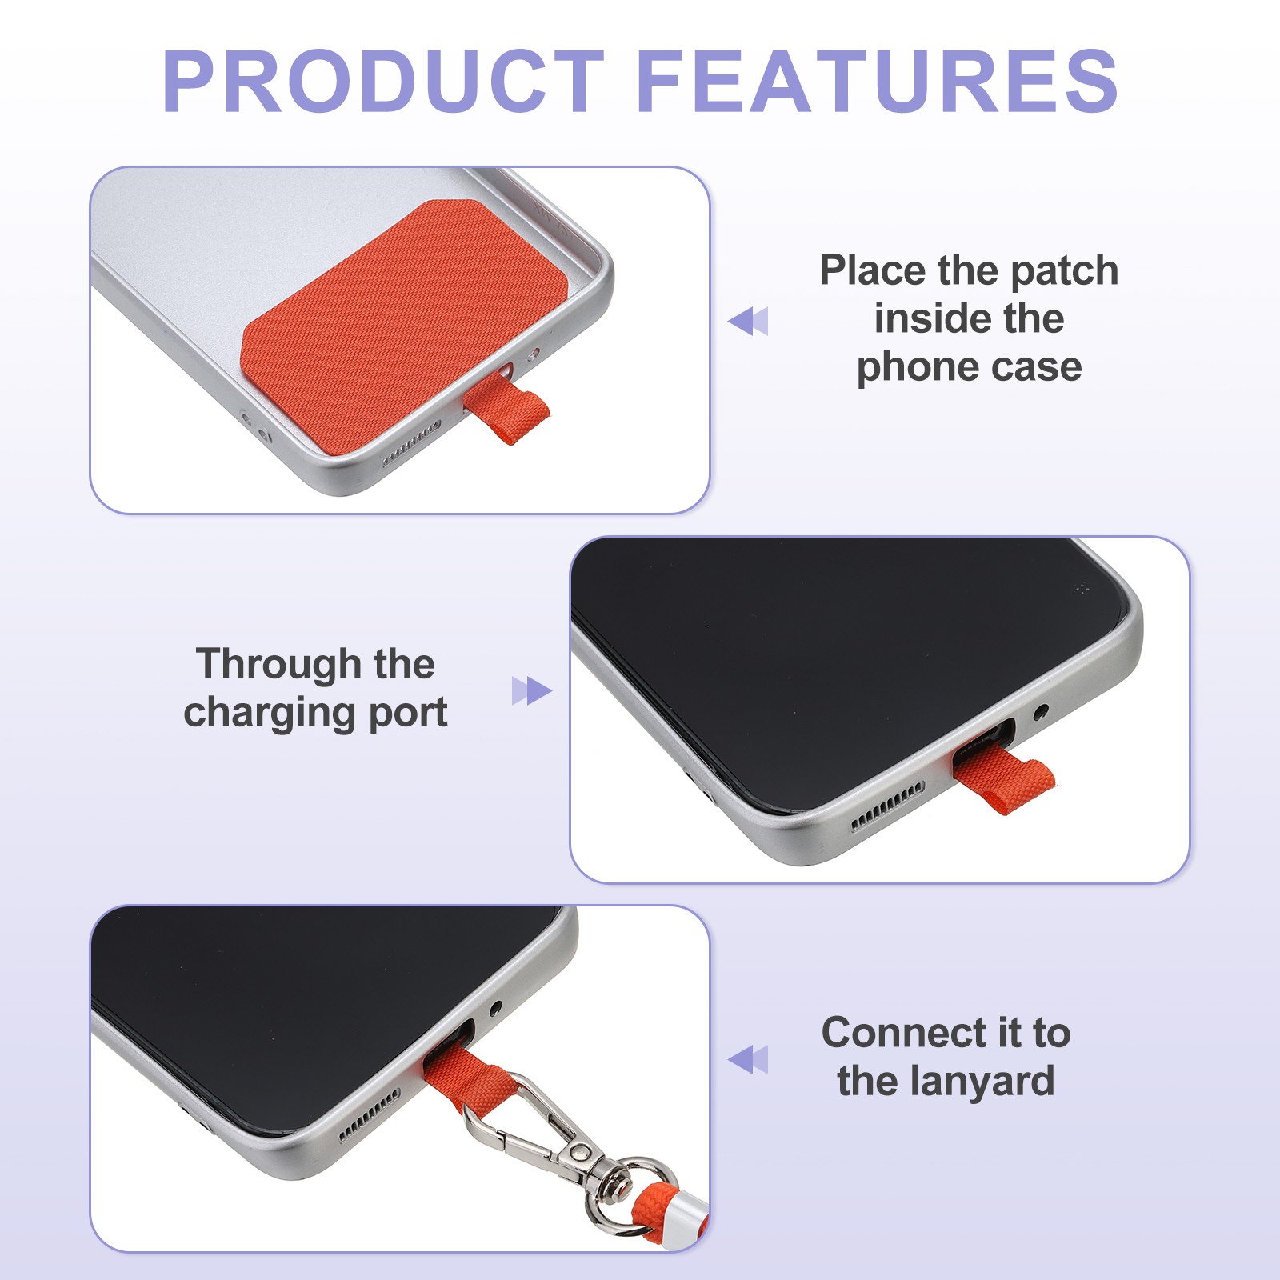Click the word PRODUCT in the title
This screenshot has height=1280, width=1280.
tap(383, 81)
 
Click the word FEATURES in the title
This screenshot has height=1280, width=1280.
tap(878, 81)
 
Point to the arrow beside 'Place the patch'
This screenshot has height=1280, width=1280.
tap(748, 321)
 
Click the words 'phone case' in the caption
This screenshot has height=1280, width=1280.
tap(969, 367)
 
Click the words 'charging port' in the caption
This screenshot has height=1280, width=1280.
tap(315, 713)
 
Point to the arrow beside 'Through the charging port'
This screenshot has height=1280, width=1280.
tap(532, 691)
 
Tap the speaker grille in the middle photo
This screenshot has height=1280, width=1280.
tap(887, 806)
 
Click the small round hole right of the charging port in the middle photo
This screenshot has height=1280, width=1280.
tap(1041, 710)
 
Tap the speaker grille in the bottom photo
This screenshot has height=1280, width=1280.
tap(369, 1114)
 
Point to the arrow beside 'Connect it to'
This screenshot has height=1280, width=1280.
tap(748, 1059)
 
